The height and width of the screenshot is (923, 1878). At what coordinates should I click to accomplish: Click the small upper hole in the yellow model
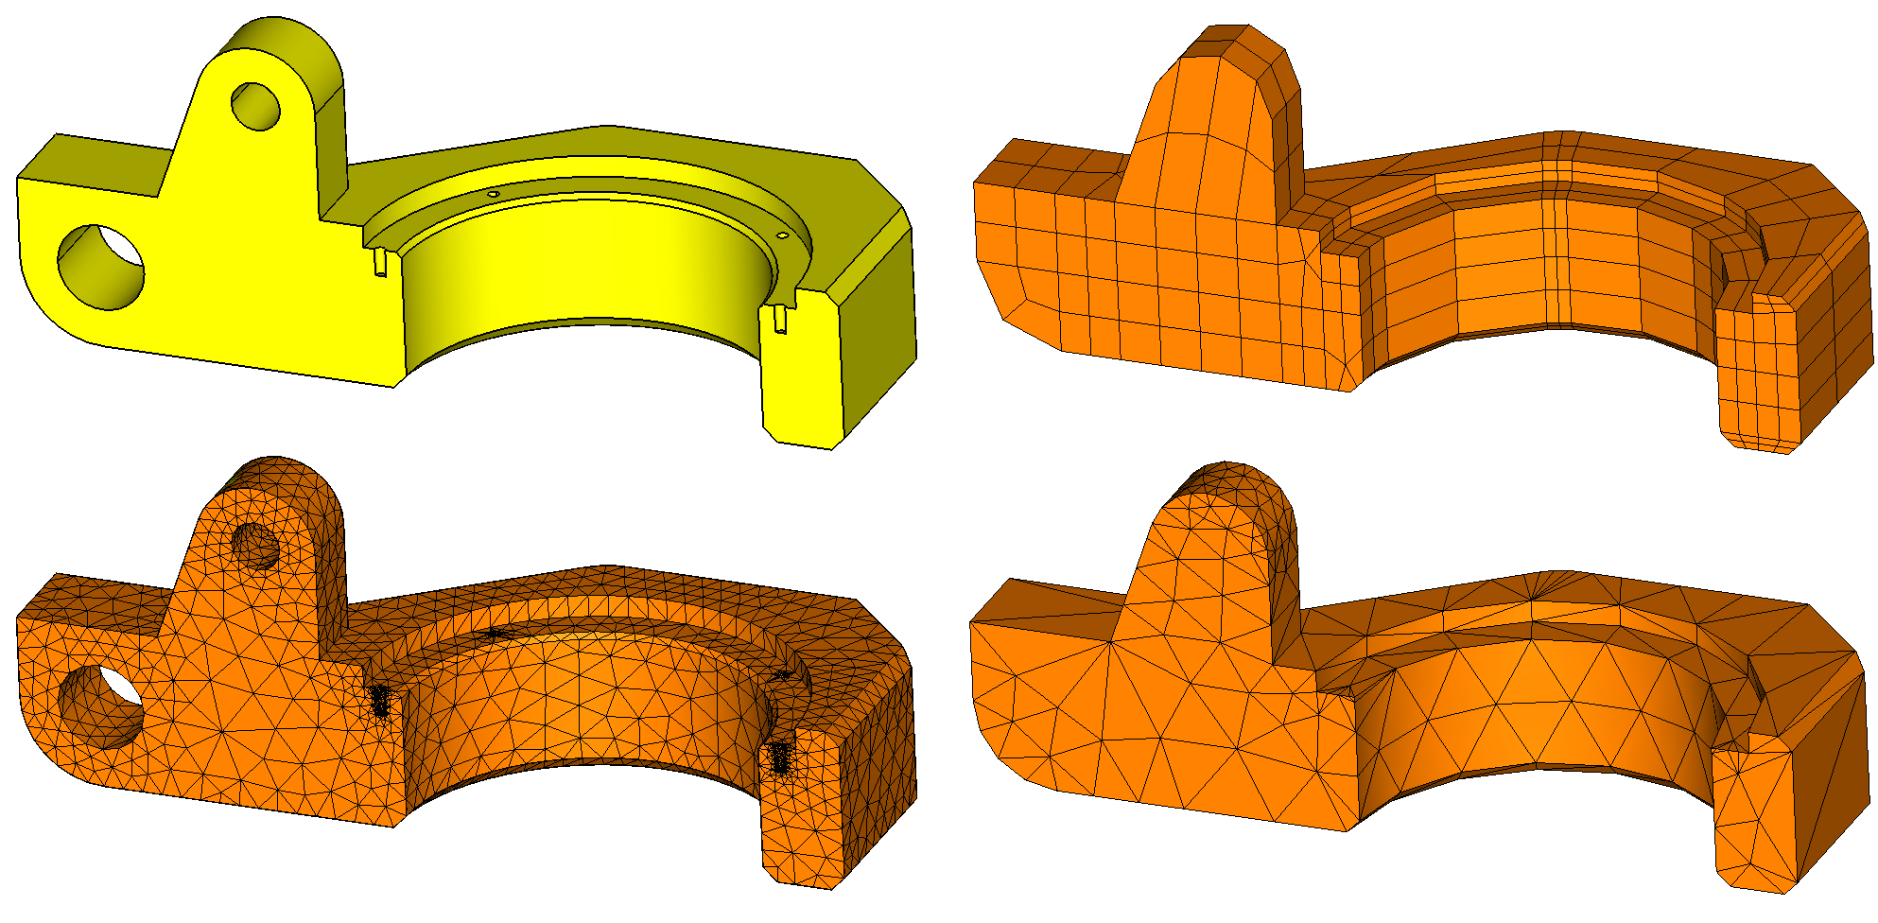(x=255, y=106)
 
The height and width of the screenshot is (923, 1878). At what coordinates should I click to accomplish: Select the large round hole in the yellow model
(x=101, y=267)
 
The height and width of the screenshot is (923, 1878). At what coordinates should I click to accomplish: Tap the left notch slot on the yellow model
(x=380, y=262)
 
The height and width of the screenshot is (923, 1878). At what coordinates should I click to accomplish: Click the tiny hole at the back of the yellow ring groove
(x=493, y=194)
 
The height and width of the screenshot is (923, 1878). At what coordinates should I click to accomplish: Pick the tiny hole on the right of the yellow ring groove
(x=783, y=235)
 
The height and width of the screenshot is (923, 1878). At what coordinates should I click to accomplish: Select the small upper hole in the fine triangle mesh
(x=255, y=546)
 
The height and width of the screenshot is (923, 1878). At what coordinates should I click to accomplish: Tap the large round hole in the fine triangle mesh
(x=101, y=706)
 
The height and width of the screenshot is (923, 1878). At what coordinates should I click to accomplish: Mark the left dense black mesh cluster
(x=380, y=701)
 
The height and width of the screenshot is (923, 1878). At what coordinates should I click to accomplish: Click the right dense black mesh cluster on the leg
(x=781, y=757)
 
